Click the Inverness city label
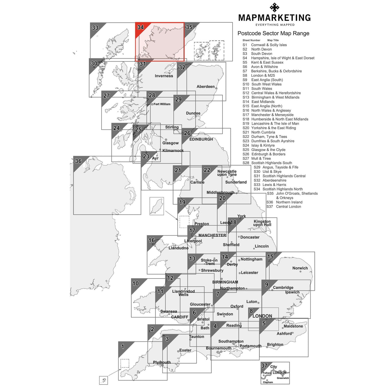pyautogui.click(x=164, y=76)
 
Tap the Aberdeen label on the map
pyautogui.click(x=205, y=87)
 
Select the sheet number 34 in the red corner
pyautogui.click(x=140, y=27)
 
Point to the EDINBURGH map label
pyautogui.click(x=201, y=139)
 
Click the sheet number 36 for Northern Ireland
pyautogui.click(x=78, y=161)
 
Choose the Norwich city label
pyautogui.click(x=300, y=268)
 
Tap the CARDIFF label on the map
pyautogui.click(x=179, y=317)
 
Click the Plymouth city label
pyautogui.click(x=162, y=363)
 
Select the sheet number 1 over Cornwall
pyautogui.click(x=123, y=347)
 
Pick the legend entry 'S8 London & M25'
pyautogui.click(x=259, y=75)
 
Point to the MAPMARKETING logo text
pyautogui.click(x=274, y=18)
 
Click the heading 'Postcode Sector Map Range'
pyautogui.click(x=273, y=33)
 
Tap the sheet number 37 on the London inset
pyautogui.click(x=264, y=366)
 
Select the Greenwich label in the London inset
pyautogui.click(x=283, y=378)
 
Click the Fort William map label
pyautogui.click(x=162, y=104)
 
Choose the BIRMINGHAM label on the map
pyautogui.click(x=225, y=282)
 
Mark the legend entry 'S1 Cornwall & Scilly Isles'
pyautogui.click(x=265, y=45)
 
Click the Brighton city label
pyautogui.click(x=275, y=345)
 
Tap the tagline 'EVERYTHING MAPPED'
pyautogui.click(x=275, y=25)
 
